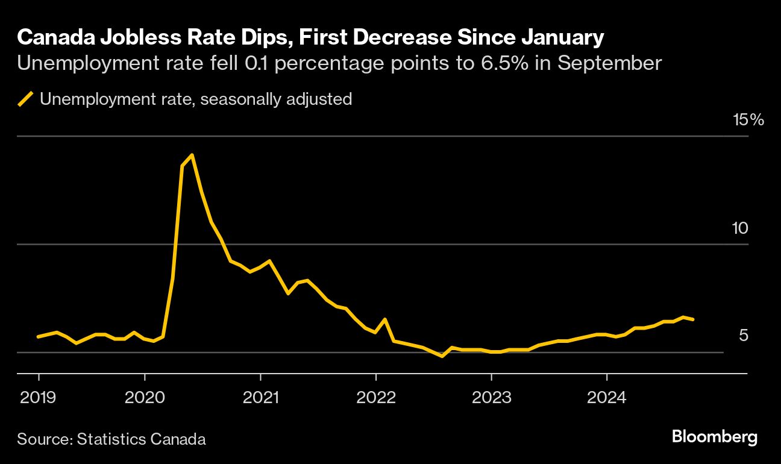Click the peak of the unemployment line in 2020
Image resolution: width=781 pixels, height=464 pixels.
pos(192,155)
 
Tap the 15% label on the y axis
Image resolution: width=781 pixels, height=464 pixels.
pos(748,119)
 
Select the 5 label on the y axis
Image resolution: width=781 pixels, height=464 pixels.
pos(744,335)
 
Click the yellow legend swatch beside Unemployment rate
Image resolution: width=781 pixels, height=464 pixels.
pos(25,99)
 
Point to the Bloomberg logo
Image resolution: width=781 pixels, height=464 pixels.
pos(715,437)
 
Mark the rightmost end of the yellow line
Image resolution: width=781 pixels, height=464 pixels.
pos(694,319)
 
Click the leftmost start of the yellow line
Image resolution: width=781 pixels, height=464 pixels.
pos(38,337)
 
